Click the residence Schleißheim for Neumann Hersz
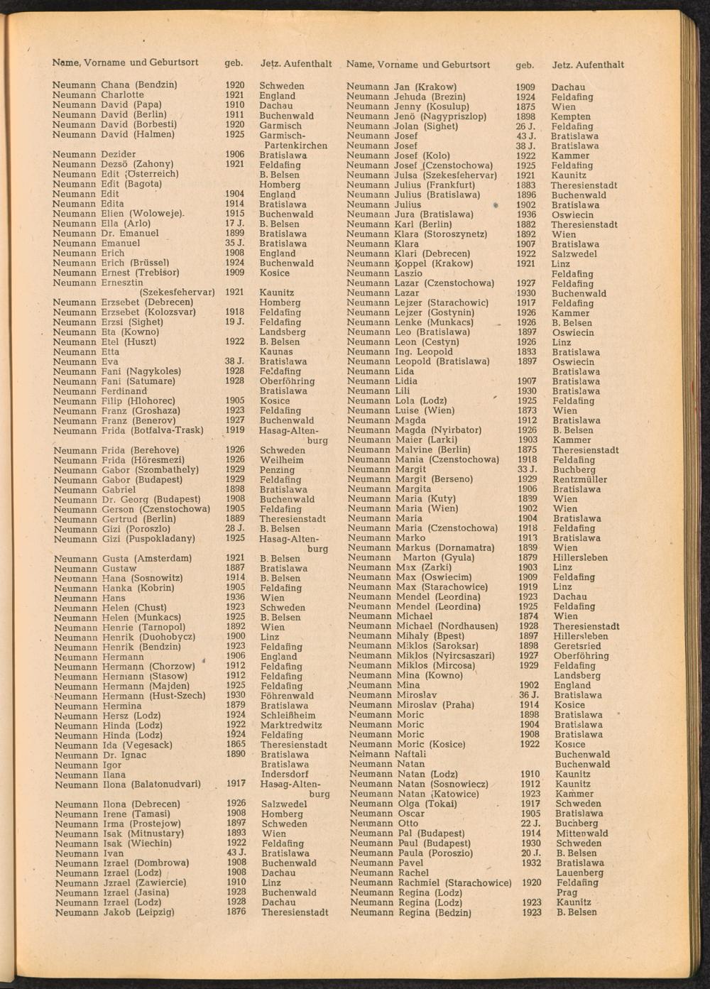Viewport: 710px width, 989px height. [x=288, y=716]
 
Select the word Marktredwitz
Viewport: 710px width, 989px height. [x=291, y=726]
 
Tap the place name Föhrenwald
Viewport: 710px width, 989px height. [x=287, y=696]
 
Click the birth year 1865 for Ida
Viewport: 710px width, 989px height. [x=236, y=745]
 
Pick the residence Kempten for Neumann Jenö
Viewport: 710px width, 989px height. [x=570, y=116]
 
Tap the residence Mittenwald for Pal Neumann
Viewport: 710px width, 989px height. [x=581, y=834]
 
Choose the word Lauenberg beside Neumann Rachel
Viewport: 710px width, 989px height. [x=580, y=873]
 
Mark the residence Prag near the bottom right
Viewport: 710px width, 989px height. [x=567, y=892]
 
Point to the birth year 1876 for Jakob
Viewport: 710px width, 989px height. [x=236, y=912]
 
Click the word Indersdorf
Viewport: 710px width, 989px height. [x=284, y=775]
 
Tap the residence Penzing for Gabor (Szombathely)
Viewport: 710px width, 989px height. [x=277, y=470]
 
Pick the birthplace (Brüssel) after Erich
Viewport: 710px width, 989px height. [x=148, y=263]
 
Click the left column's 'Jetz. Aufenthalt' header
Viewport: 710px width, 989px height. [x=296, y=64]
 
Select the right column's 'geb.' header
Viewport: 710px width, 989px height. [x=525, y=65]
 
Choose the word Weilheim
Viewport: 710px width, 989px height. [x=281, y=460]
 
